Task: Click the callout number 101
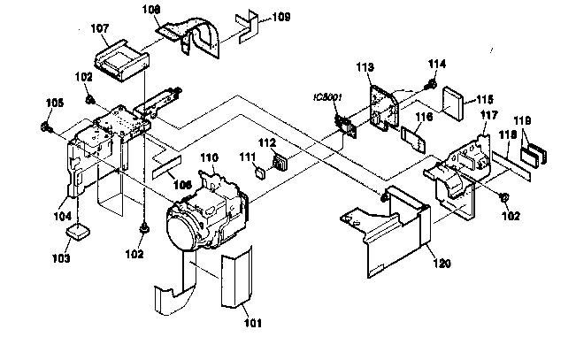253,322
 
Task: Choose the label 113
364,68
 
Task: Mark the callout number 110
208,157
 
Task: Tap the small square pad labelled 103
81,232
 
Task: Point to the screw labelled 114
430,85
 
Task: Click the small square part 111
260,172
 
